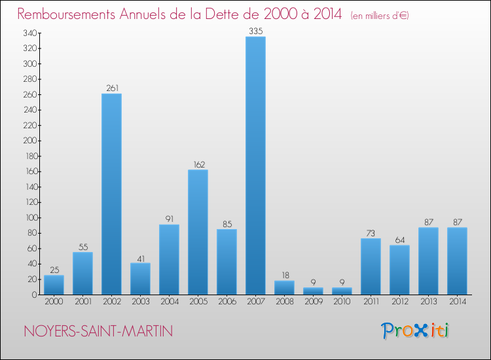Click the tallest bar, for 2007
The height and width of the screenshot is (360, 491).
pos(255,165)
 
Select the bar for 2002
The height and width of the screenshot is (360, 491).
pos(111,194)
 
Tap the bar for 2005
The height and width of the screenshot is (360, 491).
pos(198,232)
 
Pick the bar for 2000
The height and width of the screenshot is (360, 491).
pos(54,285)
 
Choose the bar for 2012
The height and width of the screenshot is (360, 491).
pos(399,270)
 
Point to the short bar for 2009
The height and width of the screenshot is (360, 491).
pos(313,291)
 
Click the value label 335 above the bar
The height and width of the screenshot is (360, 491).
pos(255,31)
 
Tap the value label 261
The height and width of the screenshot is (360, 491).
pos(111,88)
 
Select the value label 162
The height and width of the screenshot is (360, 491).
pos(198,164)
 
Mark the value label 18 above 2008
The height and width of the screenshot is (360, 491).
pos(284,275)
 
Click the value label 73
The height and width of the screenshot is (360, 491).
pos(371,232)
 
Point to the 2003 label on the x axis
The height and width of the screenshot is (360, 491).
pos(140,302)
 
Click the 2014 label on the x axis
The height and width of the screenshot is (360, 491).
pos(457,302)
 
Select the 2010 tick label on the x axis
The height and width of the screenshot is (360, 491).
pos(342,302)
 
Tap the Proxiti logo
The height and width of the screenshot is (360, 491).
pos(416,331)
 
